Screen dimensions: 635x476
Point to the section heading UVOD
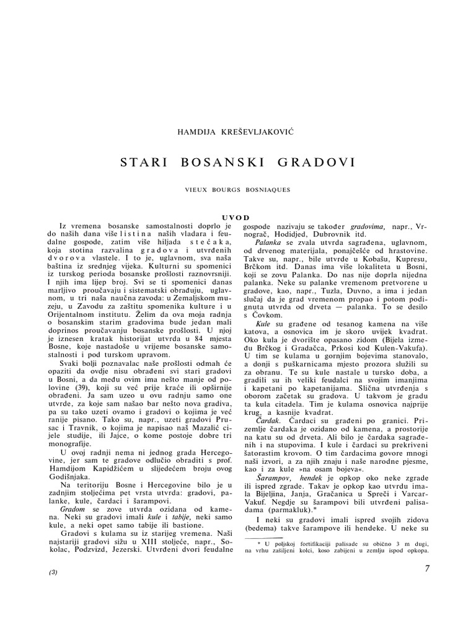tap(237, 217)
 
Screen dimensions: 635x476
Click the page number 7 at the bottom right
tap(427, 571)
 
